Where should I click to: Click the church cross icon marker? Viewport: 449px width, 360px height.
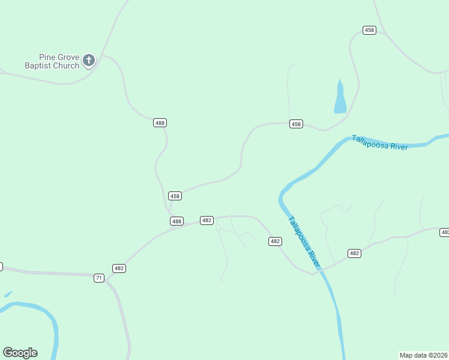pyautogui.click(x=89, y=59)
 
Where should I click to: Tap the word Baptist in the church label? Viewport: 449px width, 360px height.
pyautogui.click(x=38, y=66)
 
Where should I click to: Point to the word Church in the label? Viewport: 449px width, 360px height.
pyautogui.click(x=67, y=66)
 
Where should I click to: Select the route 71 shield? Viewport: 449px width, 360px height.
pyautogui.click(x=99, y=278)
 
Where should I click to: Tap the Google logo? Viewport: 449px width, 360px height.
pyautogui.click(x=20, y=353)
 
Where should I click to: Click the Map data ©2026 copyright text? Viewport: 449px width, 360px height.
pyautogui.click(x=423, y=355)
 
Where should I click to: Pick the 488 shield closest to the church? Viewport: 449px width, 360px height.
pyautogui.click(x=160, y=122)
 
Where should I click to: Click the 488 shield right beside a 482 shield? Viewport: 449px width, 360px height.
pyautogui.click(x=176, y=221)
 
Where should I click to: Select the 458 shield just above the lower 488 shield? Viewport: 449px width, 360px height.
pyautogui.click(x=175, y=196)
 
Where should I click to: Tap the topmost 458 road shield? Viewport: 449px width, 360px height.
pyautogui.click(x=369, y=30)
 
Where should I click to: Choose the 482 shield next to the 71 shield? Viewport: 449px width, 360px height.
pyautogui.click(x=119, y=268)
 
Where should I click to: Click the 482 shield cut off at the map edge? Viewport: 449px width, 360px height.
pyautogui.click(x=445, y=232)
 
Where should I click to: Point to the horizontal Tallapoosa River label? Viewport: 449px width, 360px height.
pyautogui.click(x=379, y=143)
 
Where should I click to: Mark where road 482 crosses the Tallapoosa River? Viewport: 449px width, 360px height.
pyautogui.click(x=318, y=271)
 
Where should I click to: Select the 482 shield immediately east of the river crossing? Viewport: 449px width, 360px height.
pyautogui.click(x=354, y=254)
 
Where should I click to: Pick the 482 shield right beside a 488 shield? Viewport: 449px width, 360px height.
pyautogui.click(x=206, y=220)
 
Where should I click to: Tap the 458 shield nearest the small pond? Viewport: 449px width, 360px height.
pyautogui.click(x=296, y=124)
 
